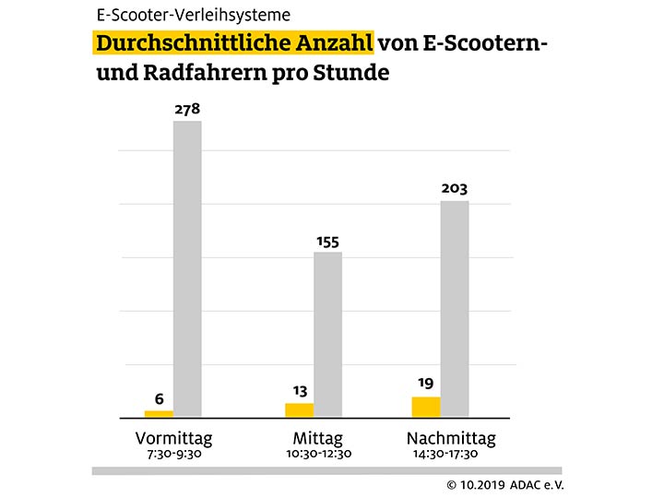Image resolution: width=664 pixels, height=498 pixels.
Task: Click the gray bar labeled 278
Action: (x=187, y=267)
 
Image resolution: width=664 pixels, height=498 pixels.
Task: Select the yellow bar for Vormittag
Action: (x=159, y=412)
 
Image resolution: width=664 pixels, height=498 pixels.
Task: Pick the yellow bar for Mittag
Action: (x=299, y=409)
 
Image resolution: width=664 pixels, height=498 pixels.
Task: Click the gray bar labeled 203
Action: (x=455, y=308)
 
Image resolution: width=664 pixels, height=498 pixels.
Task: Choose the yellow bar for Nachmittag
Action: (x=426, y=406)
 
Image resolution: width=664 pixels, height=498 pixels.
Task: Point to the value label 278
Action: (x=187, y=110)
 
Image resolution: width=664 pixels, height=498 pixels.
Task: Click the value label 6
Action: (x=159, y=399)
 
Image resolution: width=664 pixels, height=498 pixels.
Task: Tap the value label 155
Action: (x=327, y=242)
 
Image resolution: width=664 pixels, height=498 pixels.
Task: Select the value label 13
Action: (x=299, y=390)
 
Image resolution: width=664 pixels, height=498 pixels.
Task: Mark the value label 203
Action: (x=455, y=189)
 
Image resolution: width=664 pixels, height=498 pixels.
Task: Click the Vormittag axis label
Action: (x=173, y=437)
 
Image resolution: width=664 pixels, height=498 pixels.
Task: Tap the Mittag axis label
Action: (x=318, y=437)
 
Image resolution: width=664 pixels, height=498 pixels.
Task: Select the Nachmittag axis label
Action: (x=451, y=437)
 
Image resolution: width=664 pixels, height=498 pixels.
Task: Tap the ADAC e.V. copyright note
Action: (x=504, y=484)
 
